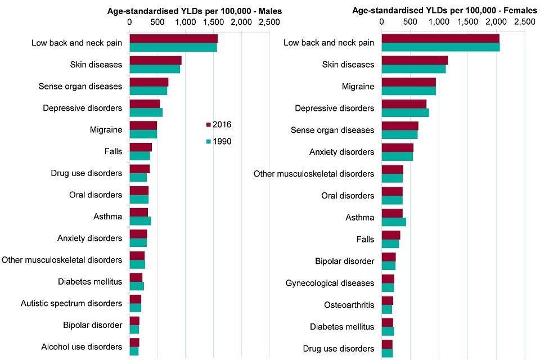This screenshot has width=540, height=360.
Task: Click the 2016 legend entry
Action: (x=219, y=125)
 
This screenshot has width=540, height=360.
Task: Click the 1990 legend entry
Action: (x=219, y=142)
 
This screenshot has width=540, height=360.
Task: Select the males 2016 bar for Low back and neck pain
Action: (x=173, y=38)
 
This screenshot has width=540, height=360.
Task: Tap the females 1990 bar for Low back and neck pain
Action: (x=440, y=47)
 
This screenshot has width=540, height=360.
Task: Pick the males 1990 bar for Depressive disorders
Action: (x=146, y=112)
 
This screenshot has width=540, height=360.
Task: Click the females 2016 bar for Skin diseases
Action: (x=415, y=60)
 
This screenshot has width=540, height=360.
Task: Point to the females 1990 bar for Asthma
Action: (x=394, y=222)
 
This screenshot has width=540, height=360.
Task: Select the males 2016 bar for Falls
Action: (x=141, y=147)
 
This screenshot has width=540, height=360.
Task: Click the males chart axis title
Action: (x=195, y=11)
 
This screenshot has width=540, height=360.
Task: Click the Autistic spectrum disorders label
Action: (x=71, y=303)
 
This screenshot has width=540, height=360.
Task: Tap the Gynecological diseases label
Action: (x=330, y=283)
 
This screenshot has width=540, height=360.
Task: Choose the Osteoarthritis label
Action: (x=349, y=305)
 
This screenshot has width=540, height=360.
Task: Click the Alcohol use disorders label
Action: (x=82, y=347)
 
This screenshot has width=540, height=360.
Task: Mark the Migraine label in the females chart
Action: (x=358, y=87)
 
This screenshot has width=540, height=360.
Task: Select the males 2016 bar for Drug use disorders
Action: (x=139, y=169)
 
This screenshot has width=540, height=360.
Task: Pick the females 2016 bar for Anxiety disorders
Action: (x=398, y=147)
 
